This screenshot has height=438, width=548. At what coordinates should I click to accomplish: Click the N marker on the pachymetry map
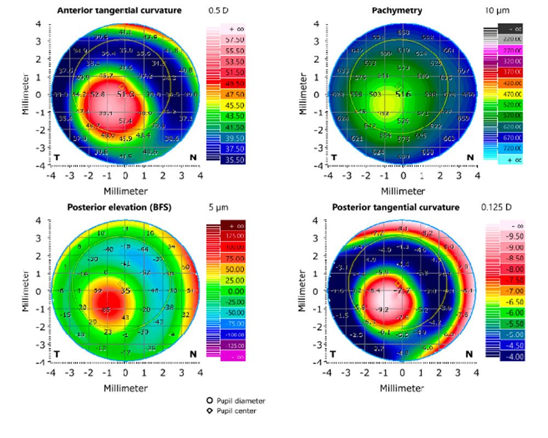[x=470, y=158]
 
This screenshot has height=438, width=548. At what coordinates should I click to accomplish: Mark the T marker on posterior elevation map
[x=57, y=354]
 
